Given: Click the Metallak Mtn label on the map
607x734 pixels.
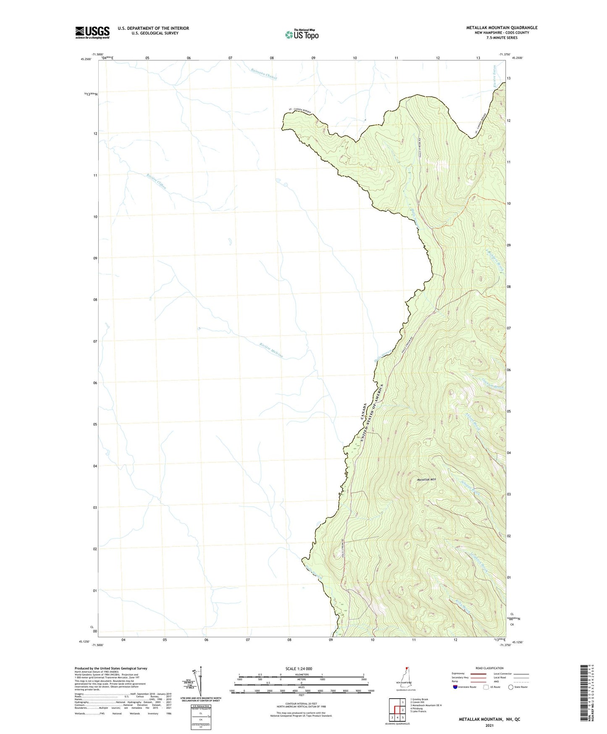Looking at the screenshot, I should pos(427,480).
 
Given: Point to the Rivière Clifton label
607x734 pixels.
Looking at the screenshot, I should pos(156,182).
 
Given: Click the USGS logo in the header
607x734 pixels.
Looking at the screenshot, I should pos(92,32).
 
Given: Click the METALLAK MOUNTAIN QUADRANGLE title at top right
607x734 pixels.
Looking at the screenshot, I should pos(502,28).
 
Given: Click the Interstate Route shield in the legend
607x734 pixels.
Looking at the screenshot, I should pos(455,687).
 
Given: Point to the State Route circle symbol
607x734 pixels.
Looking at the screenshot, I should pos(510,687).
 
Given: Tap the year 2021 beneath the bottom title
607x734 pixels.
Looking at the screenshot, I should pos(489,725).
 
